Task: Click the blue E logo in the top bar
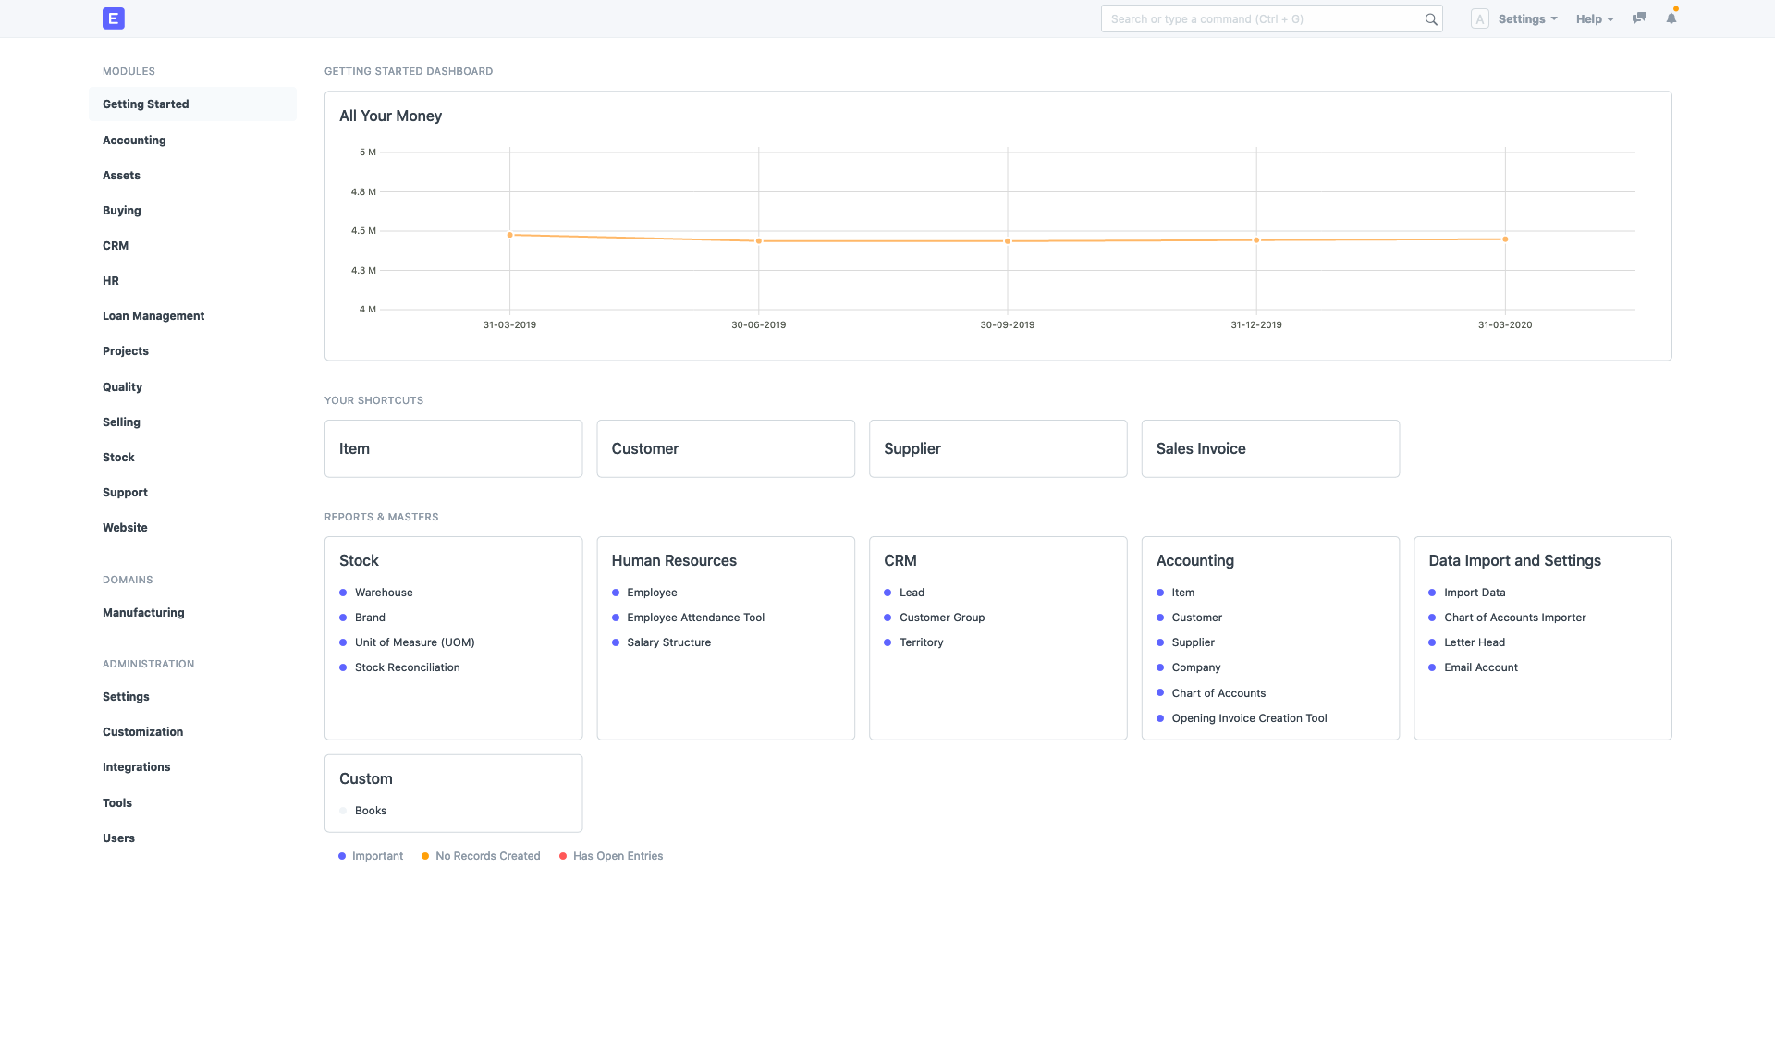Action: (114, 18)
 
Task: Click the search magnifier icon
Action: (1431, 19)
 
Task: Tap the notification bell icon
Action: (1671, 18)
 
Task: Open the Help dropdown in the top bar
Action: (1594, 19)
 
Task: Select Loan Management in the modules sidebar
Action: (153, 316)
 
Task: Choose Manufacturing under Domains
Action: (143, 613)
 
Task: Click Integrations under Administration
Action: (136, 767)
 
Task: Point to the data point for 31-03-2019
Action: (510, 236)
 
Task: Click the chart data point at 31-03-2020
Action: (1505, 239)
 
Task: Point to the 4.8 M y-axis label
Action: (363, 192)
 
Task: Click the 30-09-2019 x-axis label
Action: (1008, 325)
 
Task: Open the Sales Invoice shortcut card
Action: (1270, 449)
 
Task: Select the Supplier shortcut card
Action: (998, 449)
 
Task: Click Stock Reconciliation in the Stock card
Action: (407, 667)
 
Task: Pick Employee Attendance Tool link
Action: (695, 618)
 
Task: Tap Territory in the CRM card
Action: (921, 642)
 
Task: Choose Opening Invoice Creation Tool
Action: (1249, 718)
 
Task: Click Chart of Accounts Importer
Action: (1514, 618)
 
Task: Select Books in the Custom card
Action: (370, 811)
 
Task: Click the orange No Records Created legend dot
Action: (425, 856)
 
